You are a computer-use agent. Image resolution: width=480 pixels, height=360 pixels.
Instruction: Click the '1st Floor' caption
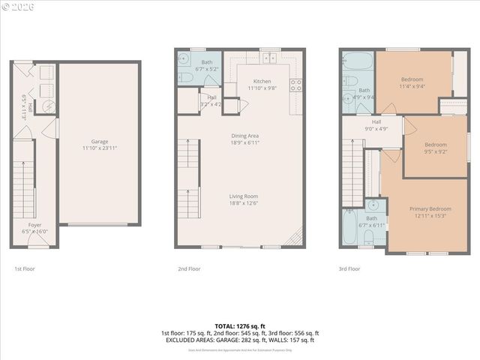pyautogui.click(x=25, y=268)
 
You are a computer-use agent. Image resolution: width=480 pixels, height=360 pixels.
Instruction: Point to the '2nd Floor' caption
pyautogui.click(x=189, y=268)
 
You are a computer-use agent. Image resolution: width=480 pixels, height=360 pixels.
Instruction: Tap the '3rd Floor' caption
pyautogui.click(x=349, y=268)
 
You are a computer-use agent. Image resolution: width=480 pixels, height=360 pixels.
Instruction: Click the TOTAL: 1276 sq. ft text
pyautogui.click(x=239, y=326)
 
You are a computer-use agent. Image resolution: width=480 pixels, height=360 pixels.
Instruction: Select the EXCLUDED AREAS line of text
pyautogui.click(x=239, y=340)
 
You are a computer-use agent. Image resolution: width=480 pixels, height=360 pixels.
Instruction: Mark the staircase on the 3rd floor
pyautogui.click(x=353, y=172)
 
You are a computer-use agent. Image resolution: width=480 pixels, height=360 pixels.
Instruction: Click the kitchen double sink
pyautogui.click(x=269, y=58)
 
